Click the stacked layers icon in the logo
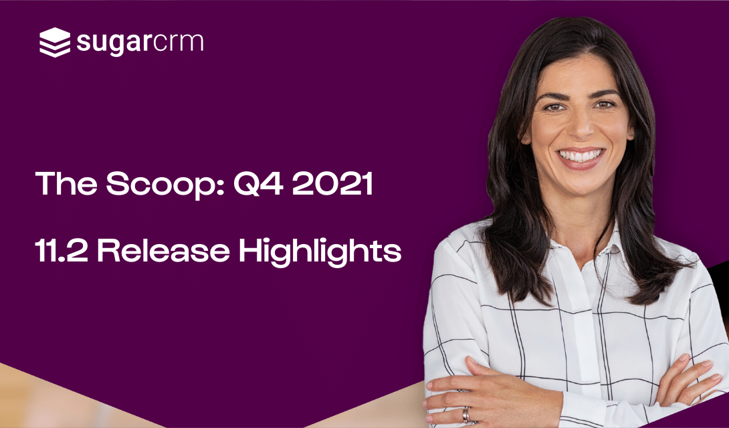pyautogui.click(x=54, y=42)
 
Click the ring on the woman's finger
pyautogui.click(x=466, y=415)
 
